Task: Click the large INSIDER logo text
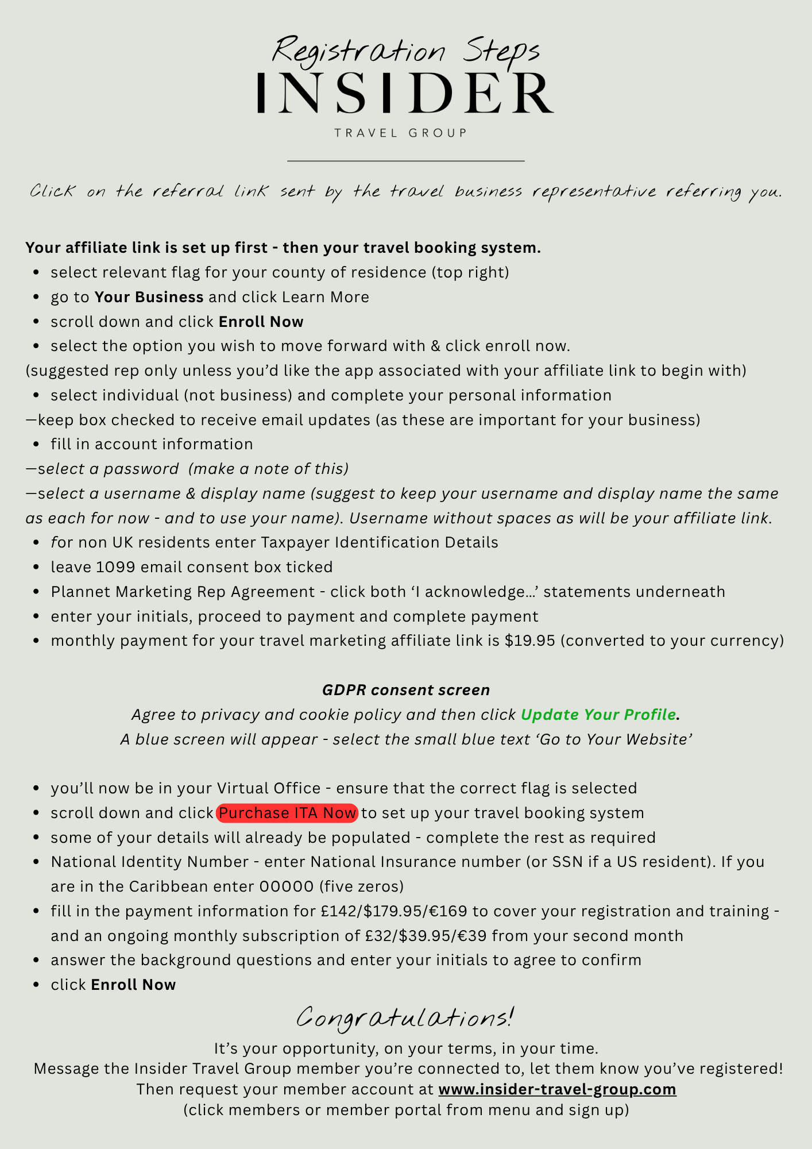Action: tap(405, 93)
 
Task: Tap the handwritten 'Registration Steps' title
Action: tap(405, 51)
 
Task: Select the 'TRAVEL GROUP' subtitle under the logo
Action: tap(401, 133)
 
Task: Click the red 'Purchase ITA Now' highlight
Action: tap(287, 813)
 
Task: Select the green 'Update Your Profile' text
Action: tap(598, 715)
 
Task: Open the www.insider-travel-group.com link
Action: tap(557, 1089)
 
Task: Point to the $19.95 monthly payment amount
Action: tap(529, 641)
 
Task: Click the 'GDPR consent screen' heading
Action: tap(405, 690)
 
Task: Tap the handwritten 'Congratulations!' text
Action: tap(405, 1017)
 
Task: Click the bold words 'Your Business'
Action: tap(149, 297)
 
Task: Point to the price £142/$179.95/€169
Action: tap(394, 911)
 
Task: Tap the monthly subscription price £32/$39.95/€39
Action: tap(426, 936)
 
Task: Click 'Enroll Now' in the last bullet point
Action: tap(133, 985)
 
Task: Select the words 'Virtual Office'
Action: tap(268, 788)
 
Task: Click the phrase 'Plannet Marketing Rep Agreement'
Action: tap(183, 592)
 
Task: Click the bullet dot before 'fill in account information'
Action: tap(37, 445)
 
